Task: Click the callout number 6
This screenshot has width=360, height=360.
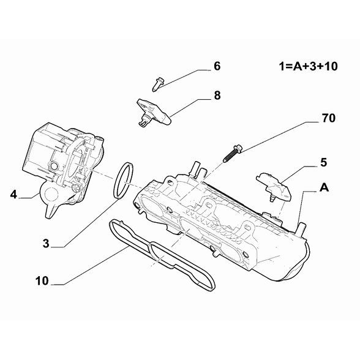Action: point(217,66)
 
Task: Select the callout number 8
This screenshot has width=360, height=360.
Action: point(217,96)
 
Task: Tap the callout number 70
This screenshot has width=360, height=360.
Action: point(329,118)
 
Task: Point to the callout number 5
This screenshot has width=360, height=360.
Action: point(323,163)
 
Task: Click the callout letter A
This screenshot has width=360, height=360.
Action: point(324,187)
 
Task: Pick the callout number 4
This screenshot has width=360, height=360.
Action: point(13,195)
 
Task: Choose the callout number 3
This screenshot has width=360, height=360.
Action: point(46,244)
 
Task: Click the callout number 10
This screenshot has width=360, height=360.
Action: point(42,281)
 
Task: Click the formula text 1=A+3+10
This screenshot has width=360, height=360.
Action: point(309,66)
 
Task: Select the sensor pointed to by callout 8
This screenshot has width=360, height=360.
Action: point(153,112)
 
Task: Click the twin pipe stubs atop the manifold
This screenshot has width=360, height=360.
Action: point(197,171)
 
